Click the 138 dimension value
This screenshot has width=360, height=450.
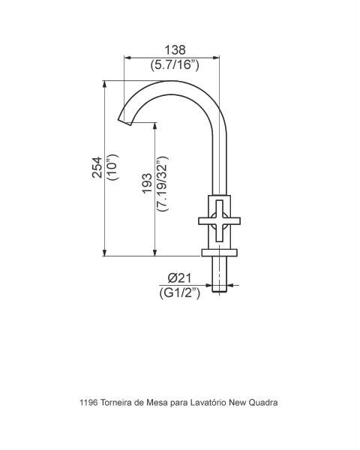[175, 50]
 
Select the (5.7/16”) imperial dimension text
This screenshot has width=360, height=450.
[175, 64]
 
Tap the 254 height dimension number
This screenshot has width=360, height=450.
[97, 167]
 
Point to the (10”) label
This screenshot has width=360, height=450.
[112, 167]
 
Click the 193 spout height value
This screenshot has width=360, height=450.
[147, 183]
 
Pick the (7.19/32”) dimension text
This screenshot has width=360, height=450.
[162, 184]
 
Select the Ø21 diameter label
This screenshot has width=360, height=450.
[179, 278]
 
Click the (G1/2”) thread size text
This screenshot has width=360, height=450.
[180, 293]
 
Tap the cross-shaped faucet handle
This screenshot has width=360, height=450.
[219, 221]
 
